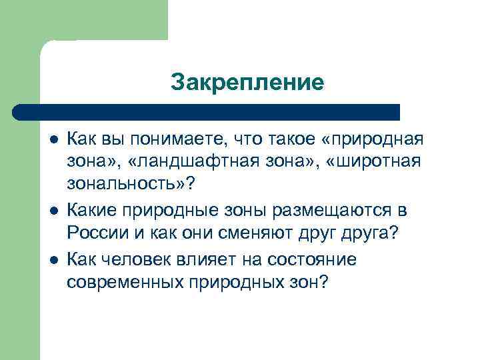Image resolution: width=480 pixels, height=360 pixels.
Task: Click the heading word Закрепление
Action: tap(247, 83)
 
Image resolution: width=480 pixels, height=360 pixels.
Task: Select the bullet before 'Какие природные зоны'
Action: tap(53, 211)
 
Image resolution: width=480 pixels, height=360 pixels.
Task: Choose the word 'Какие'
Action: tap(91, 211)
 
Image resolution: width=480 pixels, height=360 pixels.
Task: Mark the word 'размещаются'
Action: tap(341, 211)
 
